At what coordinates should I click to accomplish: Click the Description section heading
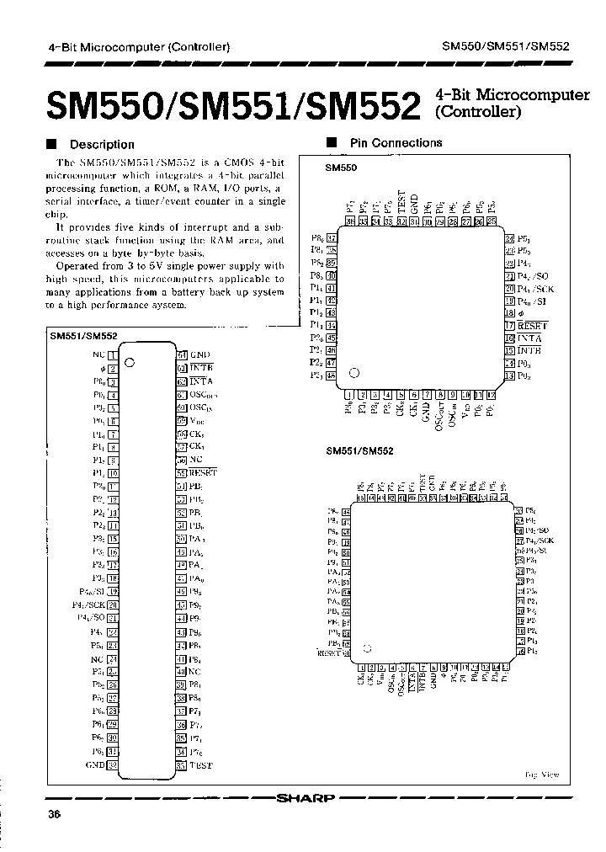coord(101,144)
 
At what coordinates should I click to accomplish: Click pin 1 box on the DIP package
coord(112,355)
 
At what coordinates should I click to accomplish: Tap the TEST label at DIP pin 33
coord(201,764)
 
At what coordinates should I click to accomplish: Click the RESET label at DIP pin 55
coord(203,472)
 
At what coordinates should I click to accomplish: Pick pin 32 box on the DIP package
coord(112,764)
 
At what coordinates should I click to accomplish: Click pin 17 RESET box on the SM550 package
coord(509,326)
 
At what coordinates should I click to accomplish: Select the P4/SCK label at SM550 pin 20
coord(535,289)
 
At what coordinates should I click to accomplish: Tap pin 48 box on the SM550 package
coord(331,375)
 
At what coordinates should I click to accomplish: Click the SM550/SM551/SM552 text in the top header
coord(506,47)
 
